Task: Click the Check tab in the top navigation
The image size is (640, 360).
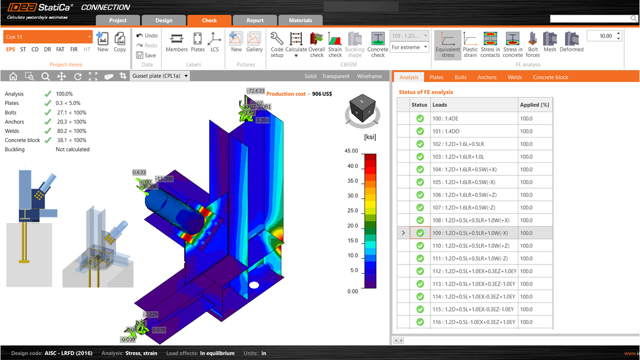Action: [x=209, y=20]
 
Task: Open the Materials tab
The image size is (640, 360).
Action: [x=300, y=20]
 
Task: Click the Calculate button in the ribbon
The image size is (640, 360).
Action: [x=296, y=44]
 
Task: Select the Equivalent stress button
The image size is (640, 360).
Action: [x=448, y=44]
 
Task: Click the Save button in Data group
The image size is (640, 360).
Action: [x=146, y=55]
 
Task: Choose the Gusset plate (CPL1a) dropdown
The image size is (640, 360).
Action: [x=159, y=76]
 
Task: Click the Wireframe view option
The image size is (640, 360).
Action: [x=369, y=76]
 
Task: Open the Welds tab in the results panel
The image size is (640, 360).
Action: [x=514, y=77]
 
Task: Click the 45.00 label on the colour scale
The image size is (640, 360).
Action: [x=351, y=151]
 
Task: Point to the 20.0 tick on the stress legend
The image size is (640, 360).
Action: [x=352, y=226]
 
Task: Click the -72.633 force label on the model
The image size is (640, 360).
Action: [x=255, y=91]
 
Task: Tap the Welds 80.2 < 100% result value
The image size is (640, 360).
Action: [x=71, y=131]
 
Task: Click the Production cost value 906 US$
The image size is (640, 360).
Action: [x=322, y=94]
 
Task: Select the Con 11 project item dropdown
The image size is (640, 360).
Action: [x=48, y=37]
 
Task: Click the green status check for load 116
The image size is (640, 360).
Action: [x=419, y=322]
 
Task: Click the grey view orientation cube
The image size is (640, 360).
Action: [x=363, y=107]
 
